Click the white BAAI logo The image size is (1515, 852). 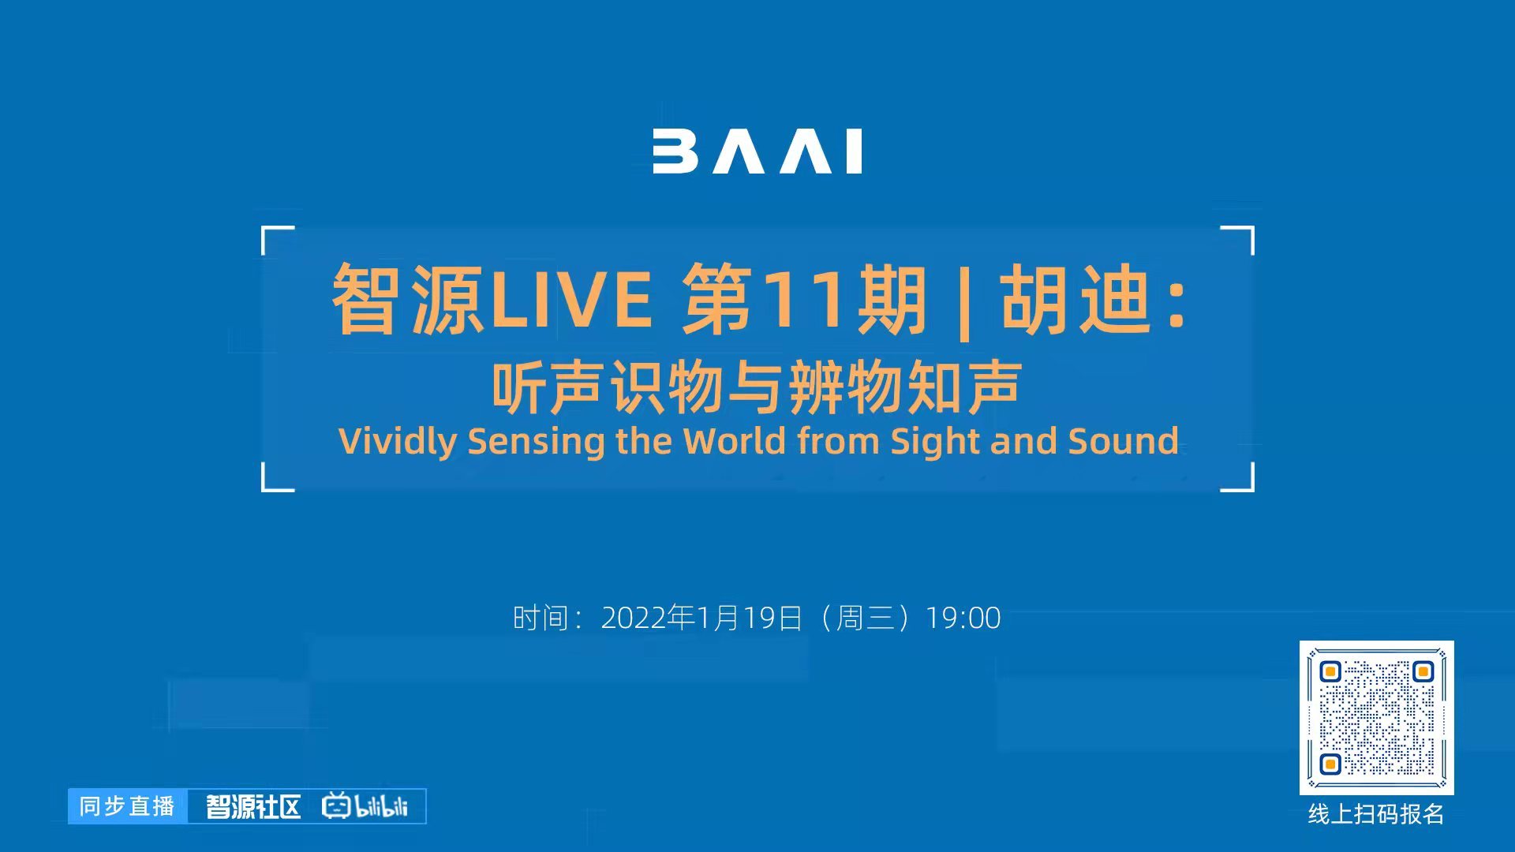[757, 151]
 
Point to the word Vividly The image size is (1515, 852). [397, 441]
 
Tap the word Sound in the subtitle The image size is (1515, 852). [1123, 440]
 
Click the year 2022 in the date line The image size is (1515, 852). [634, 618]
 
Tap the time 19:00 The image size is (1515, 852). [963, 618]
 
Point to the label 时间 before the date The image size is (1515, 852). [541, 618]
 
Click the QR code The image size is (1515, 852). [1376, 718]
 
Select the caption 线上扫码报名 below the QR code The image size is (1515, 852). [1376, 814]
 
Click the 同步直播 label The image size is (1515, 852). [127, 806]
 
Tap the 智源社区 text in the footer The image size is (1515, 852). [253, 806]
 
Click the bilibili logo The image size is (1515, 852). [365, 805]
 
